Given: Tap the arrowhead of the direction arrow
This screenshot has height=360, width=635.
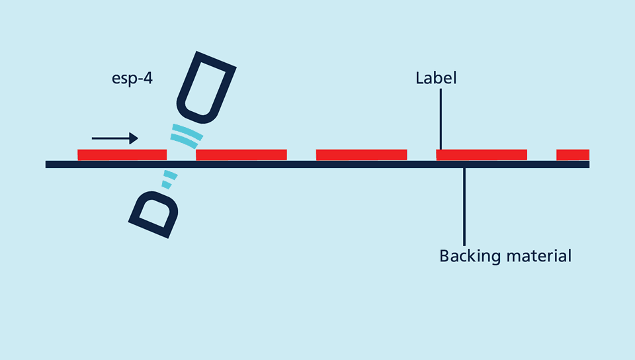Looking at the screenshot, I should coord(134,138).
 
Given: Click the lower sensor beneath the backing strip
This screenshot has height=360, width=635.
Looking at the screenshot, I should coord(154,214).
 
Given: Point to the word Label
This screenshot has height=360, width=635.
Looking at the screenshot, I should coord(436,78).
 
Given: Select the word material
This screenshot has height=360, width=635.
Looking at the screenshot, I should coord(538,255).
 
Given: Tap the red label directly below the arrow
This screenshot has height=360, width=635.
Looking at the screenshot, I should coord(122,155).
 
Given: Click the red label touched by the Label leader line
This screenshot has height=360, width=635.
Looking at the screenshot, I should coord(482,155).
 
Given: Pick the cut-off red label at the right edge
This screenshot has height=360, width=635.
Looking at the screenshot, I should coord(573,155).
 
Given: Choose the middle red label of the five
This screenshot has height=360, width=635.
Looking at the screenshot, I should coord(361,155).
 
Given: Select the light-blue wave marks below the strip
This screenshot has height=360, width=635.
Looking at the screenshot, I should coord(169,179).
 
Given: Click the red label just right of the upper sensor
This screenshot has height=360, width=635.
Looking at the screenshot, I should coord(241,155).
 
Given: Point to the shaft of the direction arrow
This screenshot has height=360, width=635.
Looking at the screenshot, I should coord(110,138).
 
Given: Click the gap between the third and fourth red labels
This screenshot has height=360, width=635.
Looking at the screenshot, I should coord(421,155).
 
